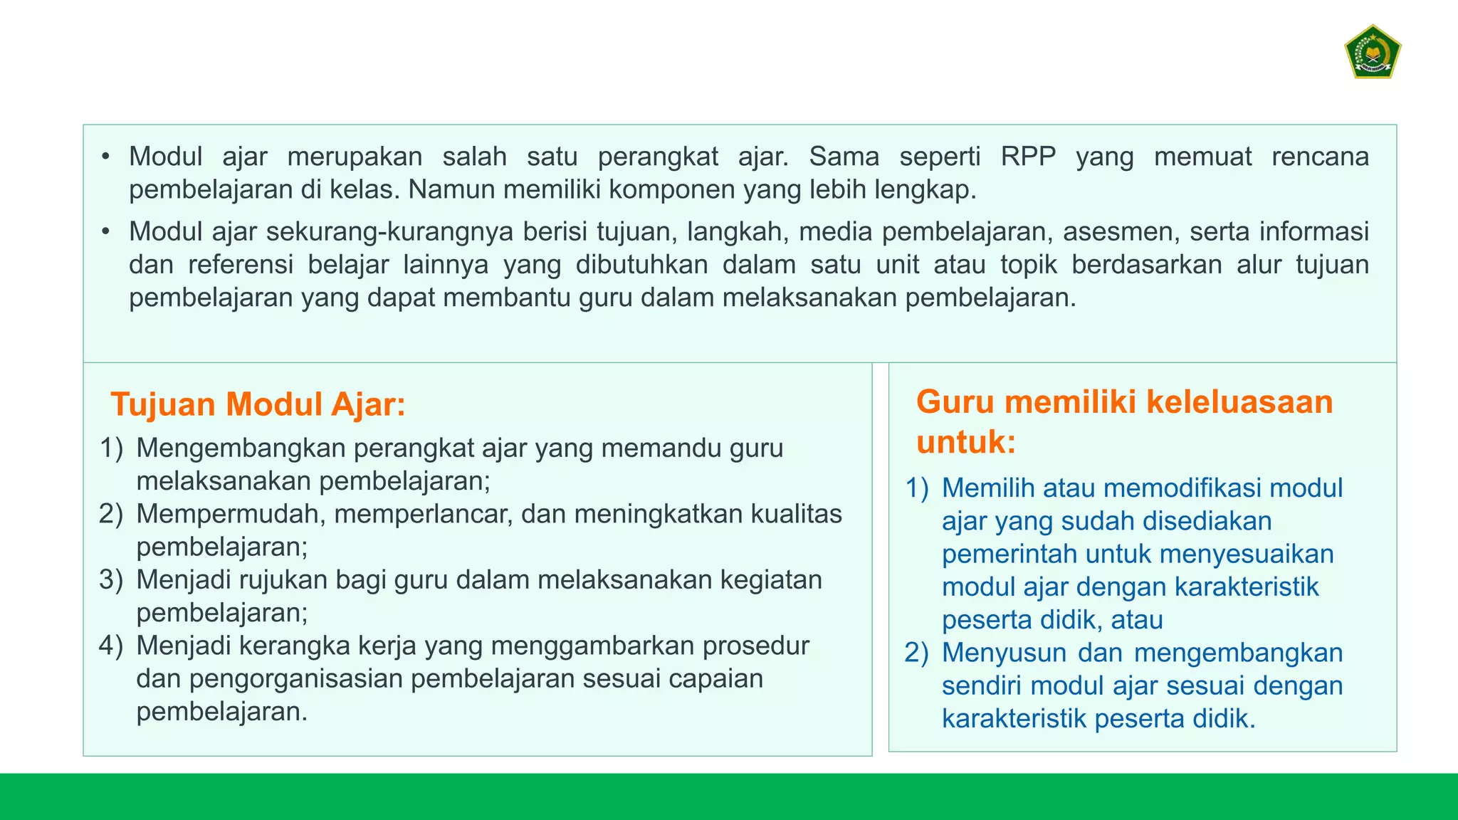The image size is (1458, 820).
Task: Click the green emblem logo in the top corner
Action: coord(1372,52)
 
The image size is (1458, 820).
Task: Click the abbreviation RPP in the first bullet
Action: coord(1028,157)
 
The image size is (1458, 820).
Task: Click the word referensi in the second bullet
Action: coord(241,265)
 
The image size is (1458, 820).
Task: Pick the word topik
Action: coord(1028,265)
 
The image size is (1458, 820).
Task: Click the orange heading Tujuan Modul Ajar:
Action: coord(258,404)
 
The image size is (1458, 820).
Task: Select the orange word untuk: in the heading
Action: coord(966,442)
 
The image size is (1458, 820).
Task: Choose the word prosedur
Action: coord(756,646)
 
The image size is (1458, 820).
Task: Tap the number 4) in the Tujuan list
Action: coord(110,646)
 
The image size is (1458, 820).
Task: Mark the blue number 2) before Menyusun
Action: coord(916,653)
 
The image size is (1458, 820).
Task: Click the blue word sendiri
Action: coord(982,685)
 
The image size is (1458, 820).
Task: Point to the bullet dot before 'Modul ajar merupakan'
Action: coord(105,157)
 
